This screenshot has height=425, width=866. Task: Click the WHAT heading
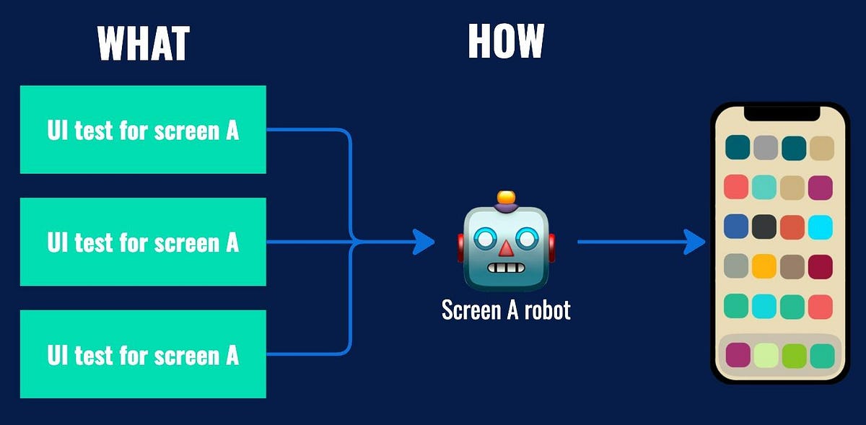143,43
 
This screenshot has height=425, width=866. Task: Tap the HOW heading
505,41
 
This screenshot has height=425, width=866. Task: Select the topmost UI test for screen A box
143,130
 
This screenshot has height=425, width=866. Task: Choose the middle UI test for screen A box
143,242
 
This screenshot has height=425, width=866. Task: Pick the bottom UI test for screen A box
143,354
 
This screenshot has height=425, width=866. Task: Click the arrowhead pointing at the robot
424,242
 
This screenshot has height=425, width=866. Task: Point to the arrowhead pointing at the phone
694,242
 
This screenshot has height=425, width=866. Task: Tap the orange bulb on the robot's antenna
507,196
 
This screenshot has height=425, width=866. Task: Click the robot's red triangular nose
507,247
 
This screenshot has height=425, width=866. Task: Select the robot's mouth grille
506,268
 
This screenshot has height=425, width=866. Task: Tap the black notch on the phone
782,113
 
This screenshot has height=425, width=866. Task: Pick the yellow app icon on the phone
764,266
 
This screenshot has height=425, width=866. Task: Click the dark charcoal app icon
764,227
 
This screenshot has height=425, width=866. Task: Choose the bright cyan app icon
821,227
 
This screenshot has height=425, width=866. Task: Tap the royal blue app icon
736,227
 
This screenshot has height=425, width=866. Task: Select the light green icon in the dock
765,355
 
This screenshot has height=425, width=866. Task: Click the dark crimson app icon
821,266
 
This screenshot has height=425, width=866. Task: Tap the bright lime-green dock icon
794,355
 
